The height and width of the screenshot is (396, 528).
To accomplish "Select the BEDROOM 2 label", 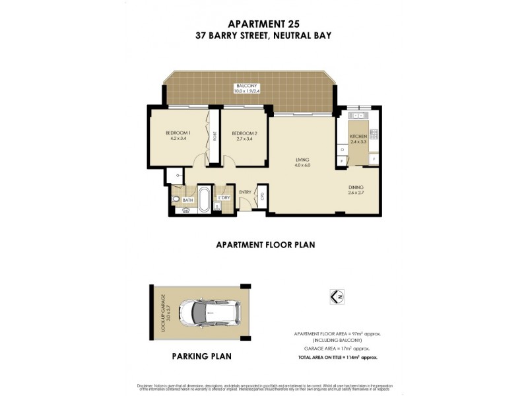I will point(244,135).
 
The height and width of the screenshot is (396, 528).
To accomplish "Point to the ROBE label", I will point(214,136).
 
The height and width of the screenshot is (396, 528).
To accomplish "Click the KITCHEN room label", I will point(358,139).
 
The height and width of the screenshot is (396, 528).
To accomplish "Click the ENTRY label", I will point(245,192).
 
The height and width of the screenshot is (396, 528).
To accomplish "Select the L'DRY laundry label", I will point(224,197).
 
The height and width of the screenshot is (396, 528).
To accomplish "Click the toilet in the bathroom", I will point(176,198).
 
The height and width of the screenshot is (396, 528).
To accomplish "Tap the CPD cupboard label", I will point(262,195).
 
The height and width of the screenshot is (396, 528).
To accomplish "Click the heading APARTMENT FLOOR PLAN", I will point(265,244).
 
